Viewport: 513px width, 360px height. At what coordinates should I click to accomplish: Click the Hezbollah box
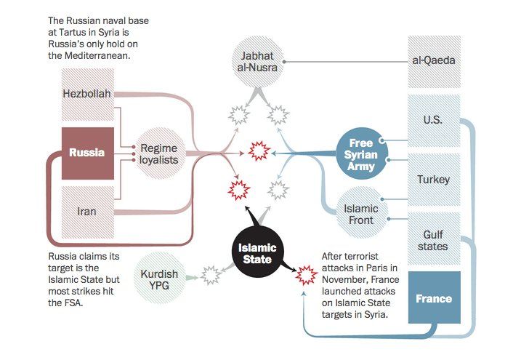88,95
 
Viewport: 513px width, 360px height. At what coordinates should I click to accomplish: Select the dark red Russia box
87,153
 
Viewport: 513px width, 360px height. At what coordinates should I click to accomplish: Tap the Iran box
87,212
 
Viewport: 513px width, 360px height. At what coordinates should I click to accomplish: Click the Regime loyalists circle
158,153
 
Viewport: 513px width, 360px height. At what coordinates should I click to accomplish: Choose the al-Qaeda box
433,60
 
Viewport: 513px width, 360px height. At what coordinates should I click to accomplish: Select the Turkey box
433,179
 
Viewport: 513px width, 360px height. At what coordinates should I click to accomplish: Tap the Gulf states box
433,240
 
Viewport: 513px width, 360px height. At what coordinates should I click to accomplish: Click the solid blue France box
434,297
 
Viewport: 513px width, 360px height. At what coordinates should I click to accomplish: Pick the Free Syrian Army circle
361,154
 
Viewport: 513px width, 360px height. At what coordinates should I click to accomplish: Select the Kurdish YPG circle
158,275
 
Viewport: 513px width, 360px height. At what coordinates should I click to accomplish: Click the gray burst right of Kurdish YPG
211,275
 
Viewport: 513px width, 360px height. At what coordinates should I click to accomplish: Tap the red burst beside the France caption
304,275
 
